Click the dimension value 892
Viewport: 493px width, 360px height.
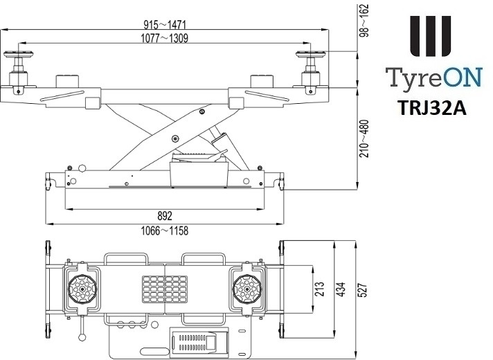point(164,216)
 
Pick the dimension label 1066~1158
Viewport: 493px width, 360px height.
point(164,230)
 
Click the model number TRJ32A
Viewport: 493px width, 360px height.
point(430,109)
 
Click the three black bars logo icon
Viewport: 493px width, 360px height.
point(430,38)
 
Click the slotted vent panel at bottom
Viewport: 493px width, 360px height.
point(192,343)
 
